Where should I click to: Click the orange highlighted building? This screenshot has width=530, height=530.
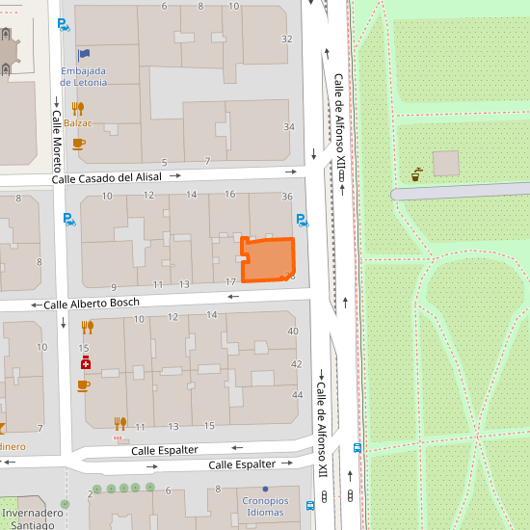[x=268, y=259]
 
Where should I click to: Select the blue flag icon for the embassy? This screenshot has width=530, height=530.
[x=84, y=55]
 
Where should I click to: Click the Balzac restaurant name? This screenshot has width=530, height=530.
[x=78, y=123]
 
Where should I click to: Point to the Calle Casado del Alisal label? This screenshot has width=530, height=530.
[x=107, y=177]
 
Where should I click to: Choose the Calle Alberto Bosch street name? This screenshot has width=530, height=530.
[x=92, y=304]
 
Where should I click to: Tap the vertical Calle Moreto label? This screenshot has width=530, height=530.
[x=56, y=134]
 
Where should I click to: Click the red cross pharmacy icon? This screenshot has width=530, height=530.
[x=85, y=363]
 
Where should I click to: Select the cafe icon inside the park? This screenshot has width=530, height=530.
[x=416, y=174]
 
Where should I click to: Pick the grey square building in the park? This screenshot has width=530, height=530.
[x=446, y=164]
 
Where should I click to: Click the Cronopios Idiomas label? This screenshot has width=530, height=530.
[x=265, y=507]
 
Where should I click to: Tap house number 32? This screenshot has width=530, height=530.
[x=286, y=39]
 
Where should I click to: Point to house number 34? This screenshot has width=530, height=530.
[x=288, y=127]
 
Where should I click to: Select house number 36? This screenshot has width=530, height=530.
[x=286, y=197]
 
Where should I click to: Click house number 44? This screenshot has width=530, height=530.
[x=297, y=395]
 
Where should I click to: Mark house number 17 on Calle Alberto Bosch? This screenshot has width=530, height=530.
[x=230, y=281]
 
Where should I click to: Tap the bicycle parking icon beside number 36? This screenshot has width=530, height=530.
[x=302, y=220]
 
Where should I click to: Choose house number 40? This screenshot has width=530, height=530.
[x=294, y=331]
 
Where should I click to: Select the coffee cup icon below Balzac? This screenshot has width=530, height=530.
[x=78, y=144]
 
